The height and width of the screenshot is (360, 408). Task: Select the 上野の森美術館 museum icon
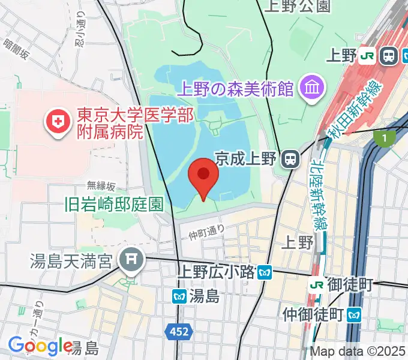[312, 89]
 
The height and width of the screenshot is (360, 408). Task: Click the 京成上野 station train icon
[291, 158]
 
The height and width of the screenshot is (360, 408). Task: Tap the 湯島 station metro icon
[179, 296]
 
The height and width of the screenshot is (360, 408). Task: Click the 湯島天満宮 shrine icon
[130, 260]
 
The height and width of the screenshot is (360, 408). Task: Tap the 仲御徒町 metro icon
[355, 313]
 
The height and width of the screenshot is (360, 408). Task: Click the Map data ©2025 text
[358, 352]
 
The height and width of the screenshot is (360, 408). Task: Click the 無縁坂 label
[101, 185]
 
